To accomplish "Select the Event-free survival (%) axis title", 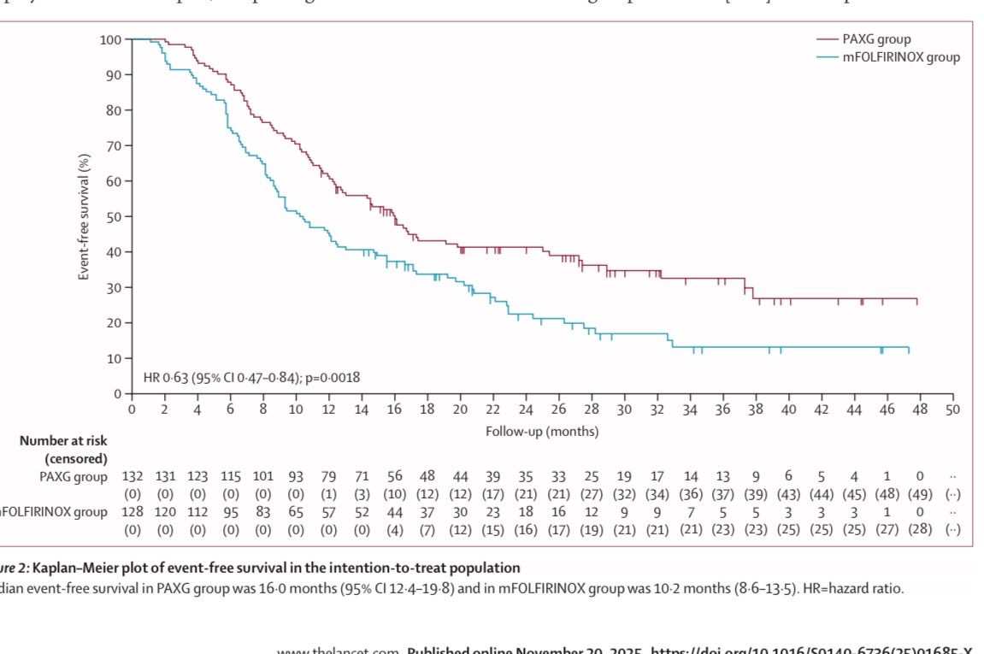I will [x=85, y=216].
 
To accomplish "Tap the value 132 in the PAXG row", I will [x=132, y=477].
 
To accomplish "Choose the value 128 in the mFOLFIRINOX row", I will [x=132, y=512].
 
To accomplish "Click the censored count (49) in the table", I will [x=920, y=494].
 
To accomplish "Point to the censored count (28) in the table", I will [x=920, y=529].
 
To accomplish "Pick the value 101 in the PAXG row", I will [x=263, y=477].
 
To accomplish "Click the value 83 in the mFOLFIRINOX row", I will [x=263, y=512].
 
